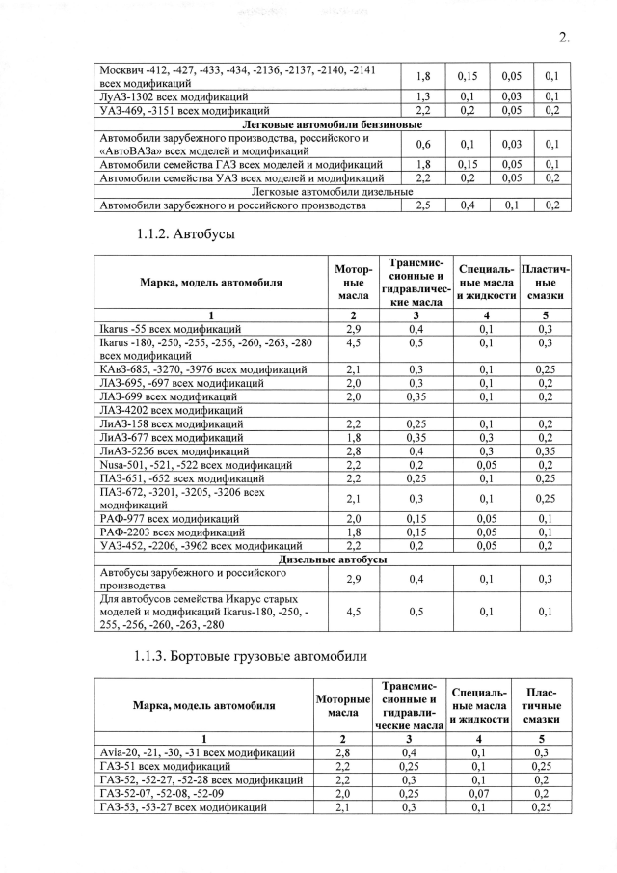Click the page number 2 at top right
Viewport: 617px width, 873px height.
pos(563,38)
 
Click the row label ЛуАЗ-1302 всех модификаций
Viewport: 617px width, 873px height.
pos(174,97)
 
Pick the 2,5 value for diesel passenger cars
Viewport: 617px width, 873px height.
pos(422,205)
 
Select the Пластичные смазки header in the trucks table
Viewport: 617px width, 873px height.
pos(542,705)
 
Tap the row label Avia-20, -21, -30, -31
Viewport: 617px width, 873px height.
pos(198,752)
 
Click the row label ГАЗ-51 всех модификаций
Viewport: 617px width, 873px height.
pos(163,766)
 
